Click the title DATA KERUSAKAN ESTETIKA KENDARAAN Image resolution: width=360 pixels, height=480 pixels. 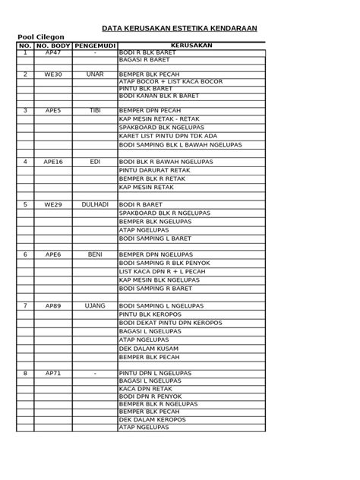[x=181, y=28]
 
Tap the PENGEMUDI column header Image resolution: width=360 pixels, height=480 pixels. [x=94, y=46]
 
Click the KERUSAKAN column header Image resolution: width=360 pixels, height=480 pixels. [x=191, y=46]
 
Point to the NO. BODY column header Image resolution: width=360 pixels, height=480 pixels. [x=53, y=46]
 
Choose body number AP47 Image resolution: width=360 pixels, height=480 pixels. [x=53, y=53]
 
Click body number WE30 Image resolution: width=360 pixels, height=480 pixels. [x=53, y=75]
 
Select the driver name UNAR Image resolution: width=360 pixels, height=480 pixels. [x=94, y=75]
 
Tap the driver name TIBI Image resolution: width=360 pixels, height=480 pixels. [x=94, y=111]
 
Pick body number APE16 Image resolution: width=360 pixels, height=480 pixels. [x=53, y=162]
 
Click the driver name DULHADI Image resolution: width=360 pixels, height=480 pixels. [x=94, y=205]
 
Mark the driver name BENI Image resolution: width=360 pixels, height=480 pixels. [x=94, y=254]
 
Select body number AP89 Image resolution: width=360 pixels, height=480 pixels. [x=53, y=305]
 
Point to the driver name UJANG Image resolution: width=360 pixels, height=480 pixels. [x=94, y=305]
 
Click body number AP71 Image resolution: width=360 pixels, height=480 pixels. [x=53, y=374]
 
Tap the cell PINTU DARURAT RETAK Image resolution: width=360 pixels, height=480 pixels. [x=150, y=171]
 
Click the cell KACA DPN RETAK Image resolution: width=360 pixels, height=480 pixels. [x=142, y=388]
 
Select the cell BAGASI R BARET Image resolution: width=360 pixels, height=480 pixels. [x=144, y=59]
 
